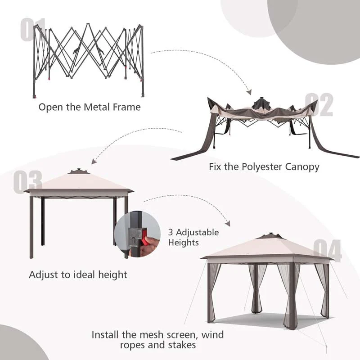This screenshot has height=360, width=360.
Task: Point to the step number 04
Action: pos(327,251)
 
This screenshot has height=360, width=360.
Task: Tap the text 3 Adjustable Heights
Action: pos(193,237)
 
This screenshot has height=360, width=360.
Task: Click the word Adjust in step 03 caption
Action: pos(44,274)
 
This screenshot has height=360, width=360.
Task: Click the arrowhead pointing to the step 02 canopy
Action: pos(248,91)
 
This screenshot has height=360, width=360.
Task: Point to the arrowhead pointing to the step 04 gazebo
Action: pos(227,223)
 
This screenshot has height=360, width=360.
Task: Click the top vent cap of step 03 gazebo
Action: pos(79,171)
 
